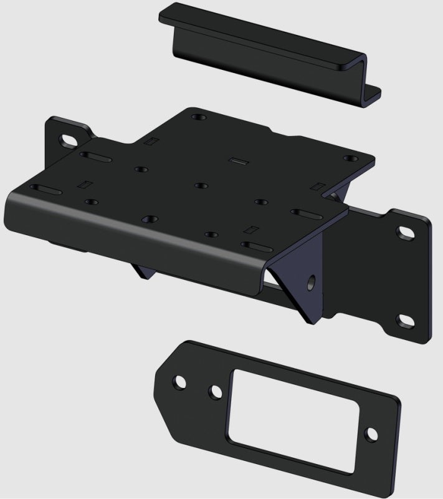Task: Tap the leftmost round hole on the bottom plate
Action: (x=179, y=380)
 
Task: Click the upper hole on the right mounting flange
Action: (x=405, y=232)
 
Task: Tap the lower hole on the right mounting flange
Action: (x=406, y=321)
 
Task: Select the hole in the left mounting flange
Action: (x=65, y=139)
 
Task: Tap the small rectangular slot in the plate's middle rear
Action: (x=236, y=161)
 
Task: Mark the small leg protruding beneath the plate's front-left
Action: (x=140, y=271)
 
